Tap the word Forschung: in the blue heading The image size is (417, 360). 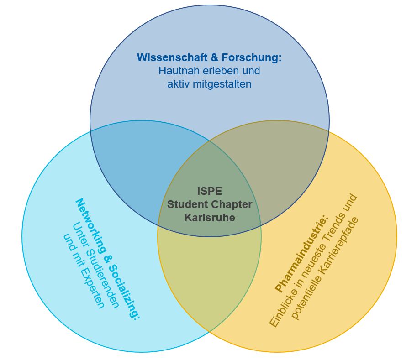pyautogui.click(x=252, y=58)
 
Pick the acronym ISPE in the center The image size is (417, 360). pyautogui.click(x=210, y=191)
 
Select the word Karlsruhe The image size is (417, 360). pyautogui.click(x=210, y=218)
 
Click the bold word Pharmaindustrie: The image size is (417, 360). pyautogui.click(x=302, y=253)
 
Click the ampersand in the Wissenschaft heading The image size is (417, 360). pyautogui.click(x=214, y=58)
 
